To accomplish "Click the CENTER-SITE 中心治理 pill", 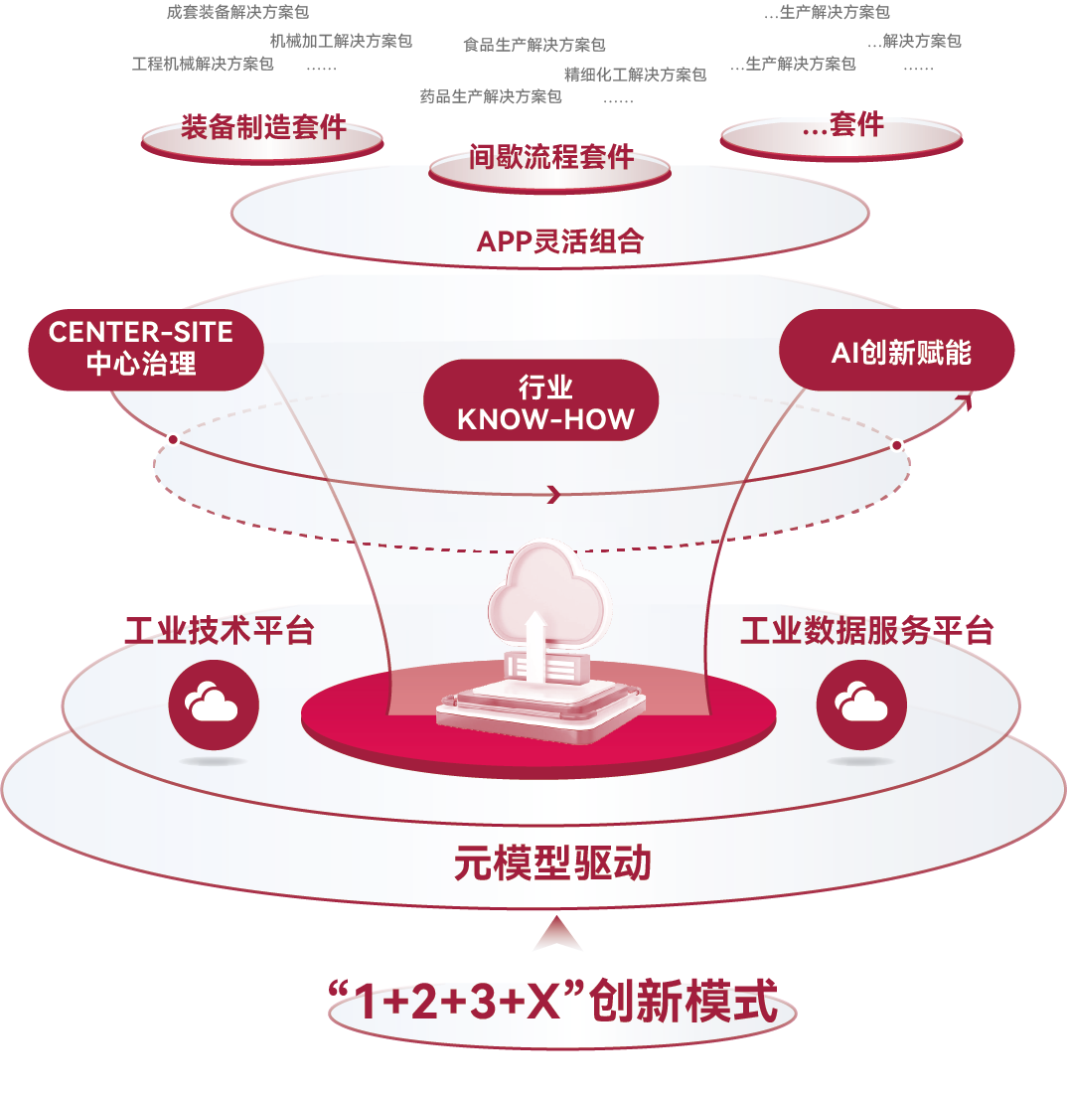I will (141, 348).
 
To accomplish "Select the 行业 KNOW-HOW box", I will (545, 402).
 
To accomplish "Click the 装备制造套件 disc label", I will (263, 127).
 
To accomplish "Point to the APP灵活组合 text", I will (560, 241).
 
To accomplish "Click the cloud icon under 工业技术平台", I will (214, 704).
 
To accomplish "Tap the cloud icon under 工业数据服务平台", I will (861, 704).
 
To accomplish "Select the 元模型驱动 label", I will (552, 863).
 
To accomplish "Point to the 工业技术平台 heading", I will (220, 631).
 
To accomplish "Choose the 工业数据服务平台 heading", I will (866, 631).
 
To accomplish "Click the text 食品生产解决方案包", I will (534, 45).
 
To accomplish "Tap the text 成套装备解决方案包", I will (238, 13).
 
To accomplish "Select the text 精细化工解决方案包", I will (635, 75).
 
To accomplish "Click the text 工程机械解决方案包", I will (203, 65).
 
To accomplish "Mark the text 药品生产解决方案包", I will (491, 96).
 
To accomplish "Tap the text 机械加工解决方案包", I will (341, 41).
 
